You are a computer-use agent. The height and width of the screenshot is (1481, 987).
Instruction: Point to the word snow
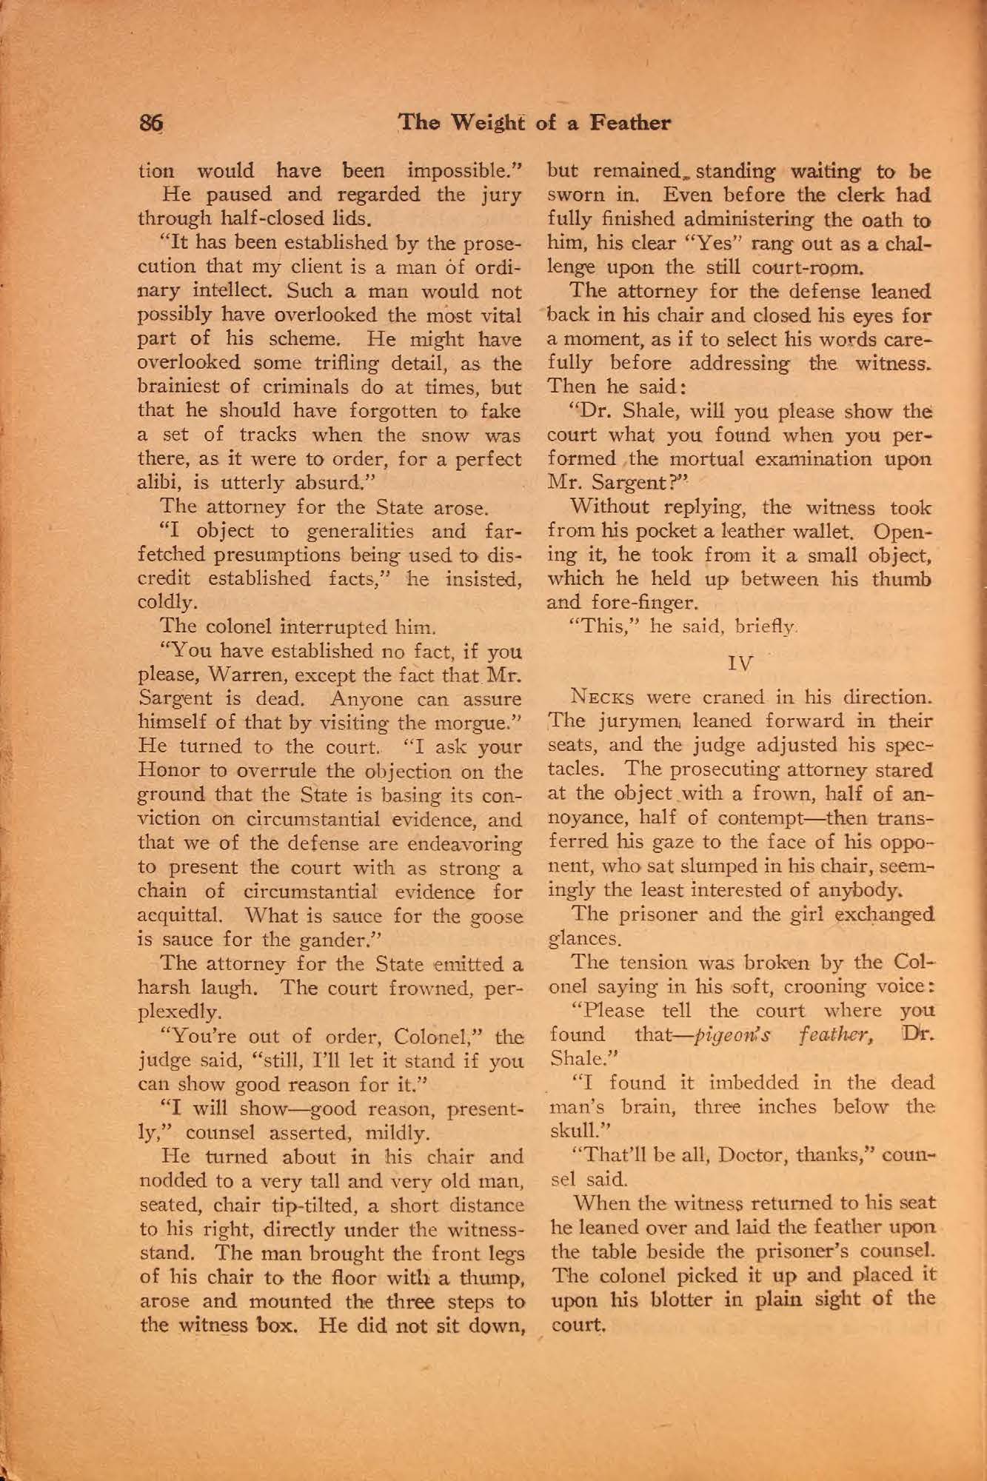pos(455,435)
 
